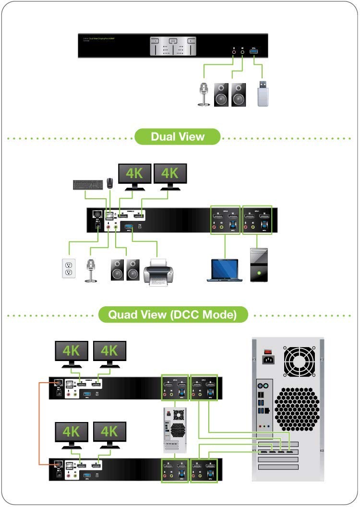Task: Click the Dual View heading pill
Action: [177, 136]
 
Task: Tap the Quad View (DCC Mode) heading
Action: [173, 315]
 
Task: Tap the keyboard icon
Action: [87, 184]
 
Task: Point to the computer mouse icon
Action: [110, 182]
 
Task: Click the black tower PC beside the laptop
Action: [259, 265]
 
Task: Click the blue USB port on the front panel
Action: [254, 50]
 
